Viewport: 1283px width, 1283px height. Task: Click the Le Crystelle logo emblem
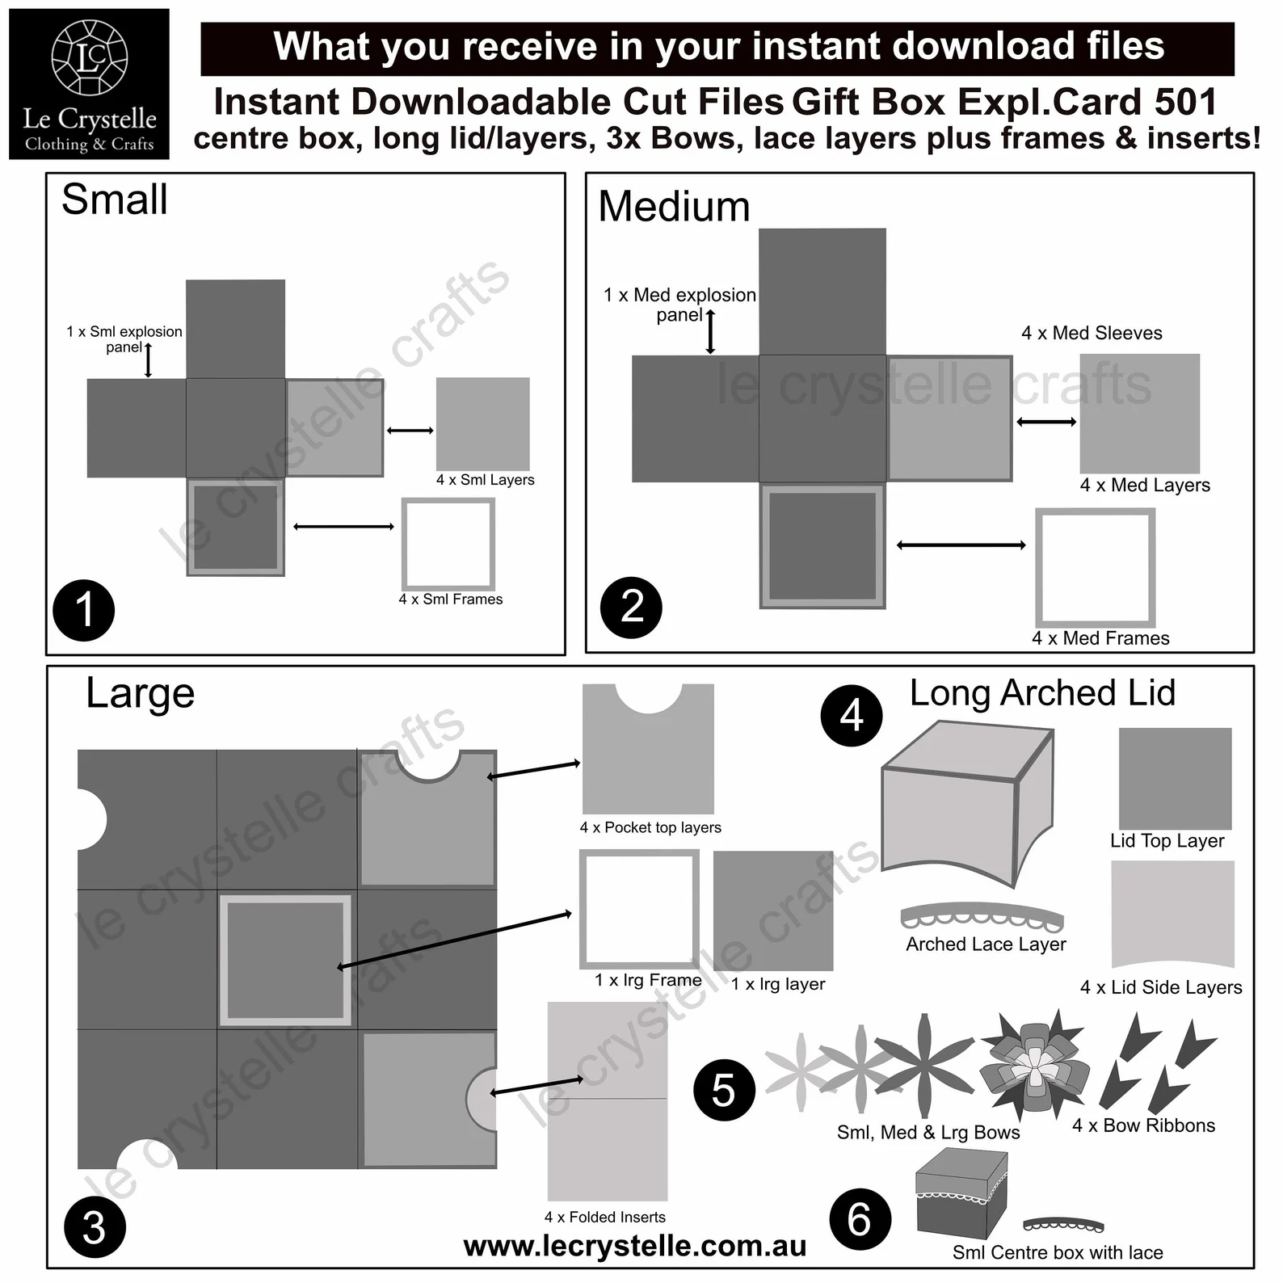[x=90, y=57]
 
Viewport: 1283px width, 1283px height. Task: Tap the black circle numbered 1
[x=84, y=610]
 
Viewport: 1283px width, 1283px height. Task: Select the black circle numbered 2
[x=631, y=607]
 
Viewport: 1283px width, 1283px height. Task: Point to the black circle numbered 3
[x=95, y=1227]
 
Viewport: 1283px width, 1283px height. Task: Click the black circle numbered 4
[x=852, y=716]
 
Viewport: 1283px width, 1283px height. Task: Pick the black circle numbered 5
[x=724, y=1090]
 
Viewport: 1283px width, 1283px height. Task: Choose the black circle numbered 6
[x=860, y=1219]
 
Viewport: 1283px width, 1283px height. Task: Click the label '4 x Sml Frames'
[x=450, y=599]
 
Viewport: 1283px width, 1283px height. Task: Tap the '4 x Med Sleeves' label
[x=1092, y=333]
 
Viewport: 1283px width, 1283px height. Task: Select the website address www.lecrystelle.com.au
[x=635, y=1246]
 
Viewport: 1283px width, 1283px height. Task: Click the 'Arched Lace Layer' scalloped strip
[x=982, y=916]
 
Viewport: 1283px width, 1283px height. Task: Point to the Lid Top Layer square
[x=1175, y=778]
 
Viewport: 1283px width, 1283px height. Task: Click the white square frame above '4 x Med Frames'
[x=1096, y=567]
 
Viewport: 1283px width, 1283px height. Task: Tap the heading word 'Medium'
[x=674, y=207]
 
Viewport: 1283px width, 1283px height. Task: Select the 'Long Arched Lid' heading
[x=1042, y=693]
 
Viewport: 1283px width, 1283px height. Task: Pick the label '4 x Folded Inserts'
[x=605, y=1218]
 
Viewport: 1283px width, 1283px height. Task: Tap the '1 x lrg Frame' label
[x=648, y=981]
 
